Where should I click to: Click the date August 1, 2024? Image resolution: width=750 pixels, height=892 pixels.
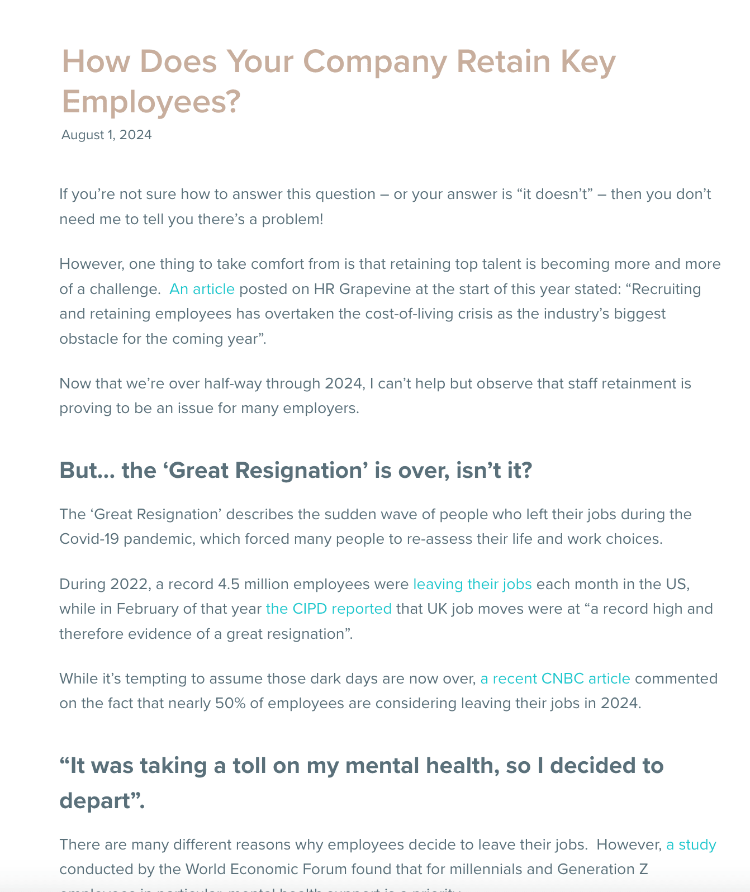point(106,135)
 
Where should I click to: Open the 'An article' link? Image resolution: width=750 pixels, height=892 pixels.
point(202,289)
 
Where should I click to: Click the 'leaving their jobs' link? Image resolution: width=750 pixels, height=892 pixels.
point(472,584)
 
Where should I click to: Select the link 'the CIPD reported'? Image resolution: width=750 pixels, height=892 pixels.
point(329,609)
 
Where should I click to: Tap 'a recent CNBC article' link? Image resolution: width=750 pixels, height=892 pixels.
point(555,679)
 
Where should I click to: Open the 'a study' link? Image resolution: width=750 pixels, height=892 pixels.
point(691,844)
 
